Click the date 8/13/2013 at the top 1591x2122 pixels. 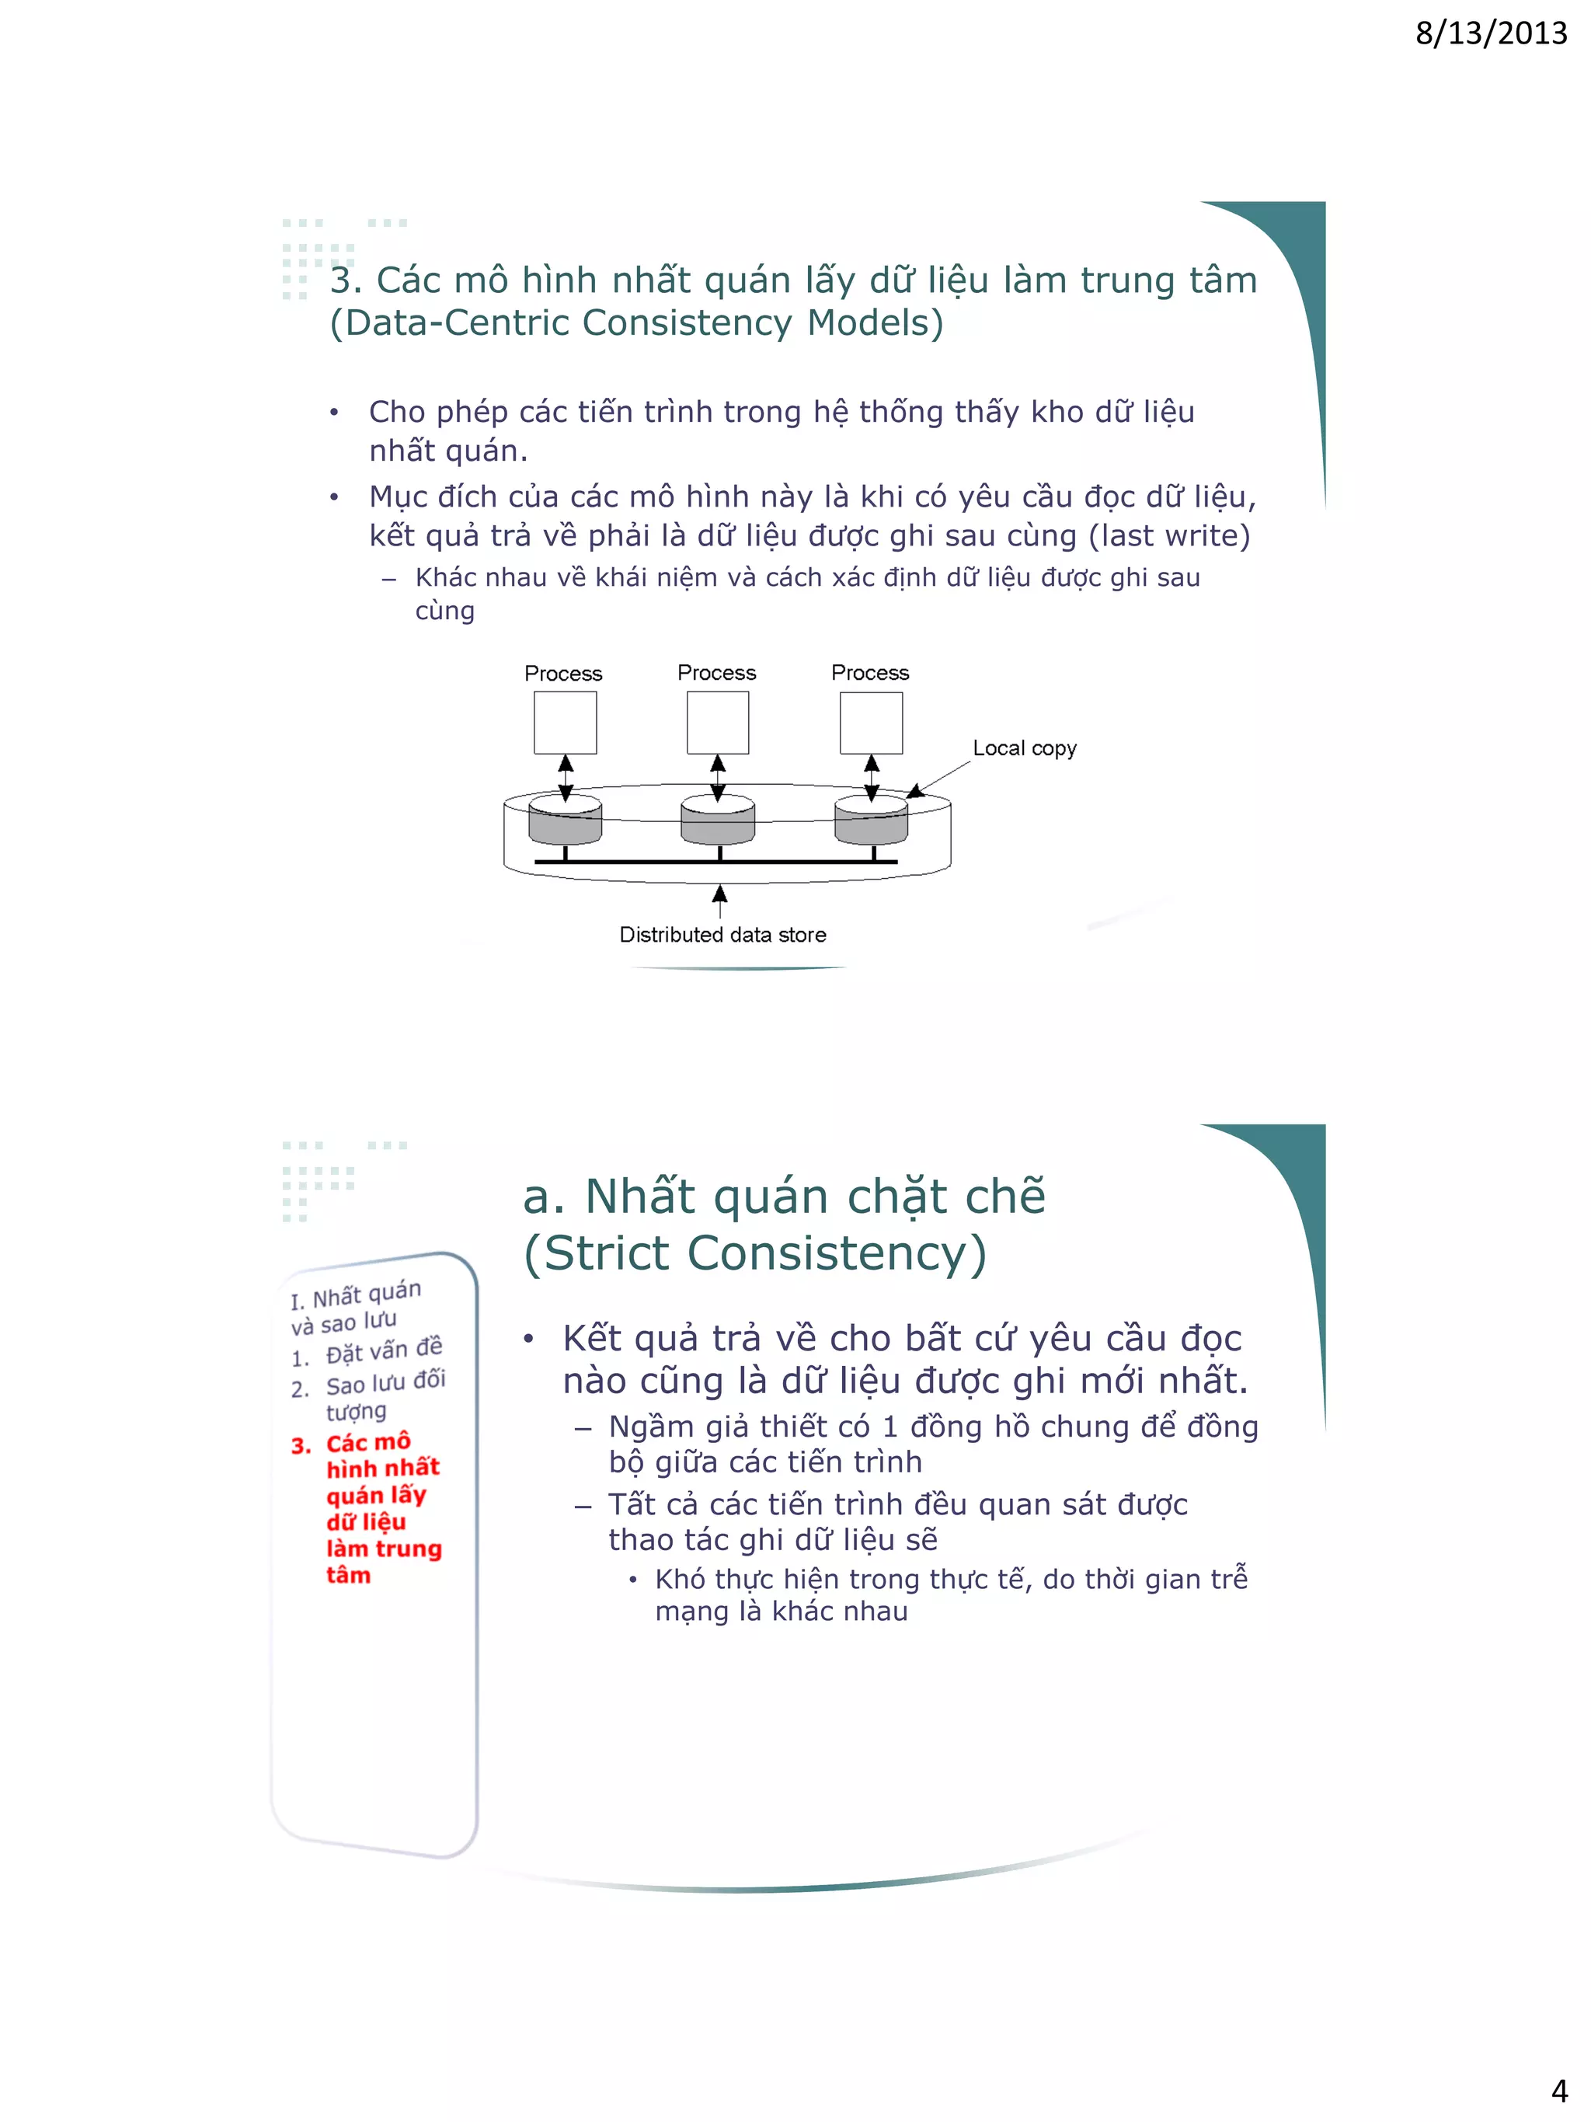1489,33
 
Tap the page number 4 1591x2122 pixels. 1558,2089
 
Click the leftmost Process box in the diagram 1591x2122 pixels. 565,723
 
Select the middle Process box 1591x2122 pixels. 717,723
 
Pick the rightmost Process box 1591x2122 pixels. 871,723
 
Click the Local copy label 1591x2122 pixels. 1023,747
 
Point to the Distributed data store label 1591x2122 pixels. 722,935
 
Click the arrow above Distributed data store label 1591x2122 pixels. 719,900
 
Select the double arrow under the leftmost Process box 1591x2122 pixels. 566,777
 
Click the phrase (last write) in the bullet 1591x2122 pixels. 1169,535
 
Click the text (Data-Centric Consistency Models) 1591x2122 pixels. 635,322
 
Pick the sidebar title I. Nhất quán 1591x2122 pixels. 356,1296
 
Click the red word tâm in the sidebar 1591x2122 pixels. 347,1575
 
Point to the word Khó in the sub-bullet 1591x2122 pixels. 680,1579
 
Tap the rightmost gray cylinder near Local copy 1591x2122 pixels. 871,822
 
